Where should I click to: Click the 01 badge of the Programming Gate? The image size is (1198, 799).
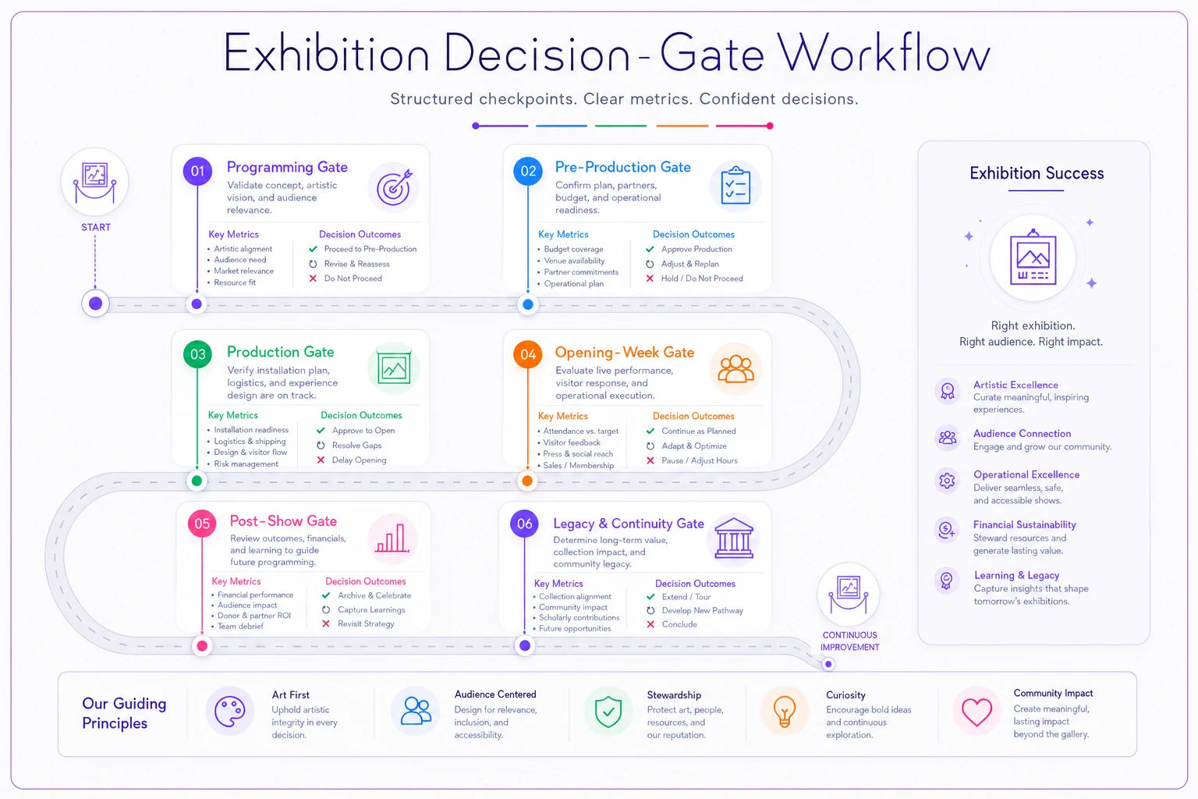(197, 171)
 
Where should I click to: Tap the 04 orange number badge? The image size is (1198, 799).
(528, 354)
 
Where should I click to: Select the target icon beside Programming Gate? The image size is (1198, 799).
(394, 187)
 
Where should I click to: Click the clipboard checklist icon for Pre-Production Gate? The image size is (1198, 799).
(735, 186)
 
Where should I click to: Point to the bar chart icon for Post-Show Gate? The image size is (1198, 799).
(392, 538)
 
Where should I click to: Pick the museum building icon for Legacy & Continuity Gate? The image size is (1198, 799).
(734, 538)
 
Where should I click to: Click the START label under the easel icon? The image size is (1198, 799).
(96, 227)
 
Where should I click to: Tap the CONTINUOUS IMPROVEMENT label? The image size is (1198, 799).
(850, 641)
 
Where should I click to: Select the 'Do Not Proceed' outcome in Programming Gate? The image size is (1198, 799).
(353, 279)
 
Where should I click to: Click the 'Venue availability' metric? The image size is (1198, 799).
(574, 261)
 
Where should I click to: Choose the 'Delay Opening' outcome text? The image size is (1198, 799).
(359, 460)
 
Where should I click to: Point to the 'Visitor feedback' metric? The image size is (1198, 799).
(572, 442)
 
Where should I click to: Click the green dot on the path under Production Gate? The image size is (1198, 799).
(197, 481)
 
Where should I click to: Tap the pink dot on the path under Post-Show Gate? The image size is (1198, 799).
(202, 646)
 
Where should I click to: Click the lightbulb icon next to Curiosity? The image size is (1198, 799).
(785, 712)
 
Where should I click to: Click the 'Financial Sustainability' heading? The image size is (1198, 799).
(1024, 525)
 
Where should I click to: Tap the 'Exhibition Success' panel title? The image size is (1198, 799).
(1037, 173)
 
